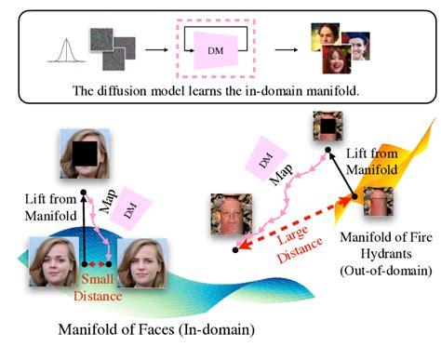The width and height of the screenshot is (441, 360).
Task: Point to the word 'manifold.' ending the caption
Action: tap(334, 93)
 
